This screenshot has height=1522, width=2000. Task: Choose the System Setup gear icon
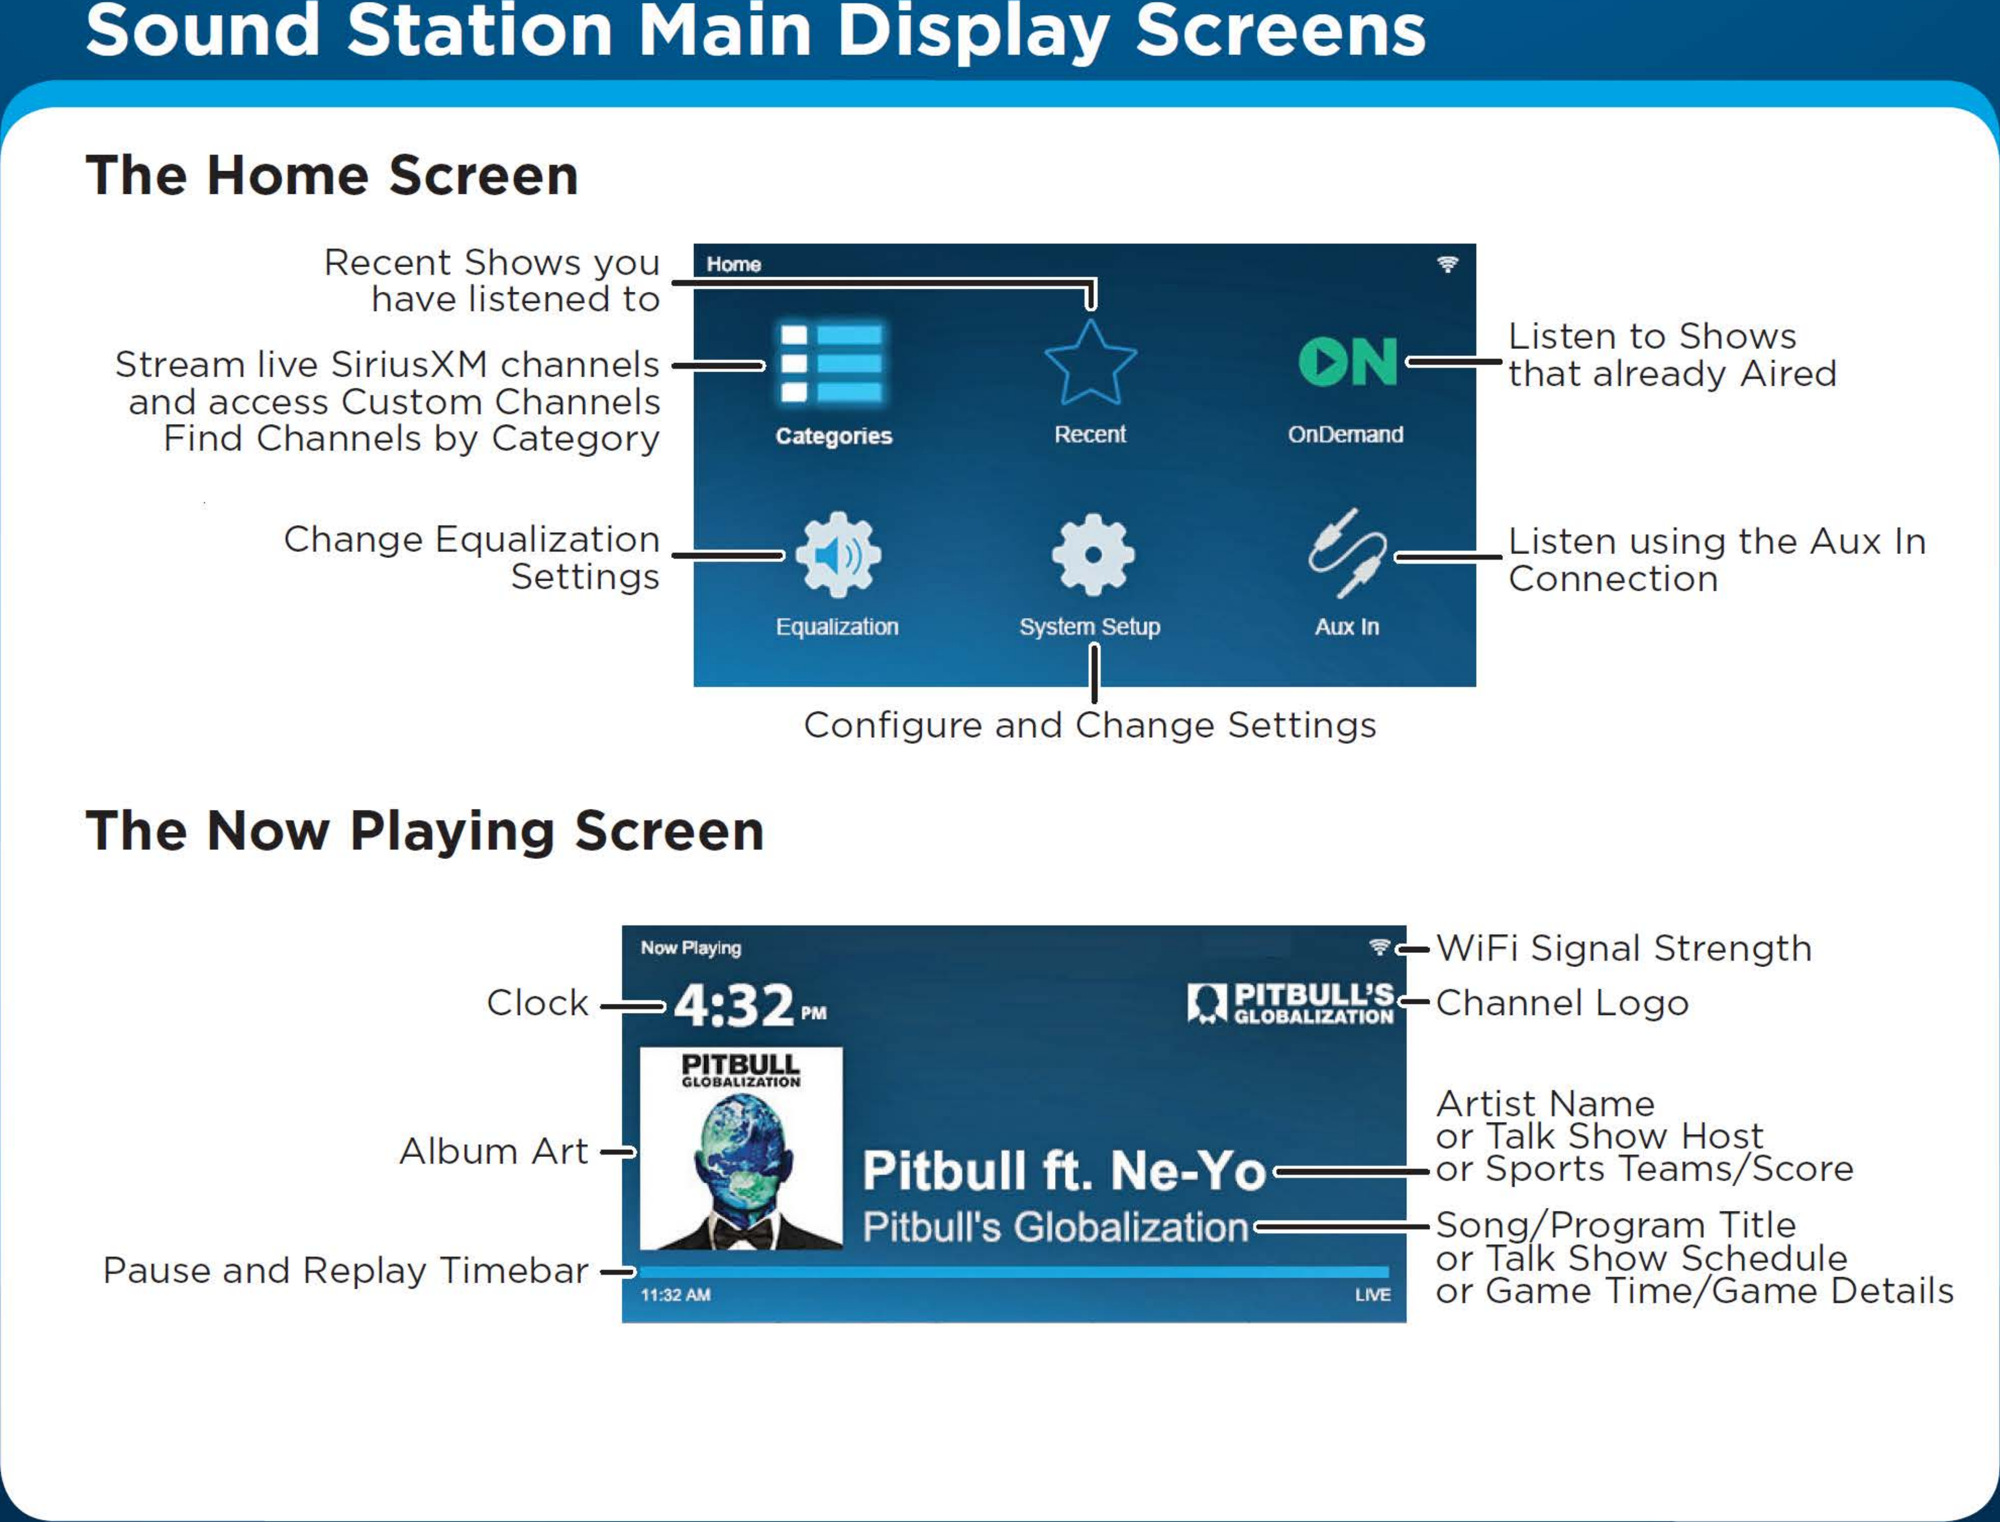[1092, 555]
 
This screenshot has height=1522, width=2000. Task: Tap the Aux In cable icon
[1347, 553]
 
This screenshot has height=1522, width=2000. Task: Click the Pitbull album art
[741, 1149]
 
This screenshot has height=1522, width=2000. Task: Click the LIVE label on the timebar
[1371, 1295]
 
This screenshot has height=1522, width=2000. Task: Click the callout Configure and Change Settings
[1090, 725]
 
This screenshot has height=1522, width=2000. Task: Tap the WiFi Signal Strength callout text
[1623, 949]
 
